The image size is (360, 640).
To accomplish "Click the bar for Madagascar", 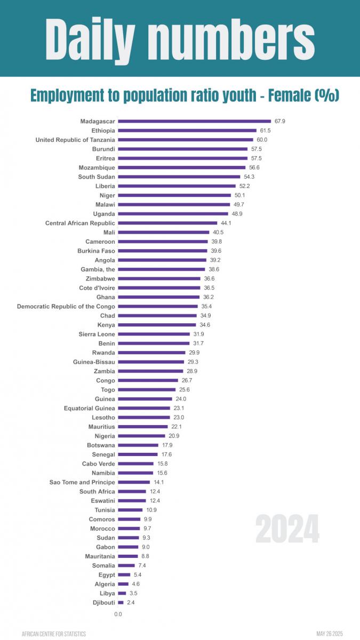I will click(195, 122).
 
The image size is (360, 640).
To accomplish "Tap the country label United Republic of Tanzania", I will click(75, 140).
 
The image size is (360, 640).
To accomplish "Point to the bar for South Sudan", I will click(179, 177).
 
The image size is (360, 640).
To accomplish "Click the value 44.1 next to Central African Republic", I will click(227, 223).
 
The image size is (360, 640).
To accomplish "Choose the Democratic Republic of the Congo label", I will click(66, 307).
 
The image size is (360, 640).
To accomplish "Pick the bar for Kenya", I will click(157, 325).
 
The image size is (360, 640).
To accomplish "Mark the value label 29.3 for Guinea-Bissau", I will click(193, 362).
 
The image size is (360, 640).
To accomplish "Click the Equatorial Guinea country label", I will click(90, 409).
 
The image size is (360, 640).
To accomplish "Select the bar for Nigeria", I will click(141, 436).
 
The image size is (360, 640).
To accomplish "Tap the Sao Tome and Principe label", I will click(82, 483).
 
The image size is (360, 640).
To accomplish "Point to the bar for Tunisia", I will click(130, 510).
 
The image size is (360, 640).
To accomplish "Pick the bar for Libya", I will click(122, 594).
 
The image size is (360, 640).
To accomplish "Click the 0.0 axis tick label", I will click(118, 614).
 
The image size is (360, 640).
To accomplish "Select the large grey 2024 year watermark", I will click(287, 529).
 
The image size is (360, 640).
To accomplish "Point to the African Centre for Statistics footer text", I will click(54, 634).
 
